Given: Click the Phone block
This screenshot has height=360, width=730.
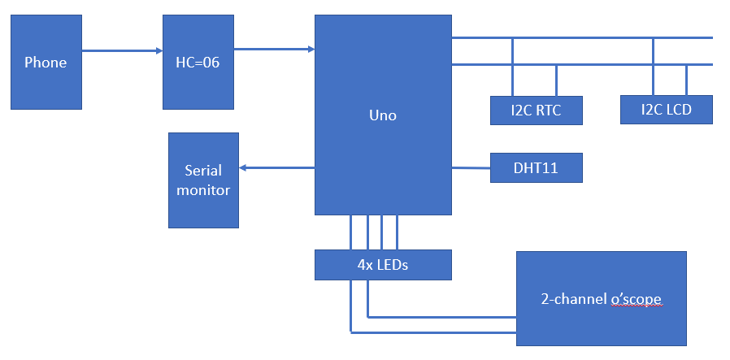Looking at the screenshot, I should tap(46, 63).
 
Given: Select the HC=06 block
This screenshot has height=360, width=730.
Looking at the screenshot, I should tap(198, 63).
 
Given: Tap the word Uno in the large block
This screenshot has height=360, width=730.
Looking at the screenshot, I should tap(383, 115).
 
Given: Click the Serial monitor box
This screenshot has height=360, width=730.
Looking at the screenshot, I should tap(203, 180).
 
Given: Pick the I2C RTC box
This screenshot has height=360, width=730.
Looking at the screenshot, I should tap(537, 111).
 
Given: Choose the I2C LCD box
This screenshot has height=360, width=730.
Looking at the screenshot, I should tap(666, 110).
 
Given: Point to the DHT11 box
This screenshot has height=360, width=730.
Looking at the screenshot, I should tap(536, 168).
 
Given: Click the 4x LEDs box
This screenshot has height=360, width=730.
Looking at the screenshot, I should tap(383, 264).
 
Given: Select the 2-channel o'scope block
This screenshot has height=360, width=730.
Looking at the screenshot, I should tap(601, 298).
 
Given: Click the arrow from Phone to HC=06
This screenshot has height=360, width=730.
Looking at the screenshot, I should tap(122, 50).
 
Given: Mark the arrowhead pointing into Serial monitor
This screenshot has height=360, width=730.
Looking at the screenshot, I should tap(244, 168).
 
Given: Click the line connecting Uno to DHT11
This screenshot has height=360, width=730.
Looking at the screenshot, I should tap(471, 168).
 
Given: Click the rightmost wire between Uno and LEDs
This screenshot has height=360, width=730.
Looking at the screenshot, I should tap(397, 232).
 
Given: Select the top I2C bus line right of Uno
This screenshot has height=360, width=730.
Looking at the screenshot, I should tap(581, 37).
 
